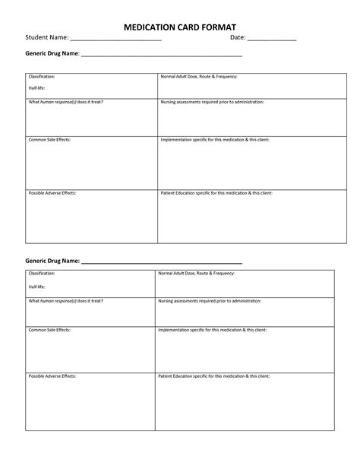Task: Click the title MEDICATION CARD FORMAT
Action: click(x=180, y=26)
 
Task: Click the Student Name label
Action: click(x=47, y=38)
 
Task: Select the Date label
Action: click(x=238, y=38)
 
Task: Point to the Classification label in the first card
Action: click(x=41, y=77)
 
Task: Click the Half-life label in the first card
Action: click(x=36, y=88)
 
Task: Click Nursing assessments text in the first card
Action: click(x=212, y=101)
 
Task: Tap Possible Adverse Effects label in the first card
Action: click(x=52, y=193)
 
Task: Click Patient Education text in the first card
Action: click(x=216, y=193)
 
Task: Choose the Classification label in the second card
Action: click(x=41, y=272)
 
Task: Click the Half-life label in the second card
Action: click(x=36, y=287)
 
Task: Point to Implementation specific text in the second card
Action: click(x=212, y=331)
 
